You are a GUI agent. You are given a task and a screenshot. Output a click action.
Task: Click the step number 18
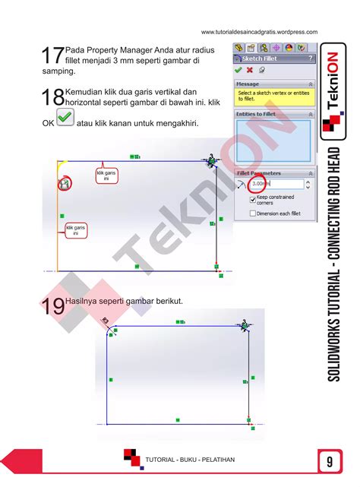53,97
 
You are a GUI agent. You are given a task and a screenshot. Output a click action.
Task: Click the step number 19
53,307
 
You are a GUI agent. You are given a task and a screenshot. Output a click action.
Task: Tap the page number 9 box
330,460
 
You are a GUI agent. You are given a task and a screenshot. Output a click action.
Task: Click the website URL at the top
259,31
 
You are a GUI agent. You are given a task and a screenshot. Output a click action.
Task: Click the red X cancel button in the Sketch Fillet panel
250,70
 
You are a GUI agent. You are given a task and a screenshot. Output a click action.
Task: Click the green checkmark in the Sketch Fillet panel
238,70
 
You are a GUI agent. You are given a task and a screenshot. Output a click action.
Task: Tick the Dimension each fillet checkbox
253,213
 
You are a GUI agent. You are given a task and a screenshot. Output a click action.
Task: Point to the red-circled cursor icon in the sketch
65,183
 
